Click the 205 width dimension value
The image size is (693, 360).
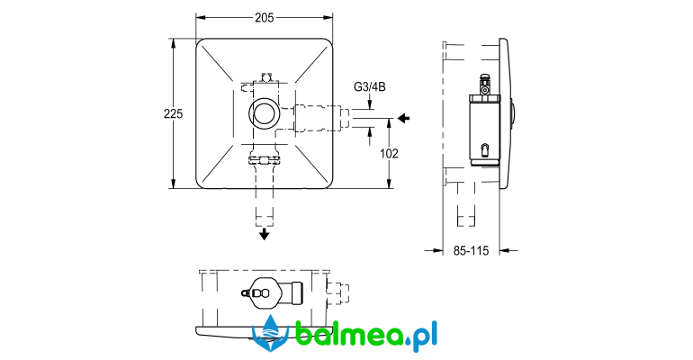pos(264,18)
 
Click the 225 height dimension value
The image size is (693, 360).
pos(173,114)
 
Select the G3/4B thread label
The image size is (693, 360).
pos(370,87)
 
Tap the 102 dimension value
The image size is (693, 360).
pos(389,154)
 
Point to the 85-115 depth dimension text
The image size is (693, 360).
pos(471,251)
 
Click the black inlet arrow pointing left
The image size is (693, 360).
pos(403,118)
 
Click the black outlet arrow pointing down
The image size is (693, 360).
pos(265,234)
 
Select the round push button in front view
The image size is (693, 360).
pos(265,113)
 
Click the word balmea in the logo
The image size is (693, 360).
pos(348,333)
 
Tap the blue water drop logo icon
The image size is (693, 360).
pos(270,334)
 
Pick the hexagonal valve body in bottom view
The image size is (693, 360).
pos(265,292)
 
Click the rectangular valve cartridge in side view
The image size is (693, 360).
pos(484,131)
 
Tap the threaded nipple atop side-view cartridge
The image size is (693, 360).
pos(485,85)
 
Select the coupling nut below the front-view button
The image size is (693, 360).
pos(265,159)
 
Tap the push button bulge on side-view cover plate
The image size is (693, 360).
pos(513,114)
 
